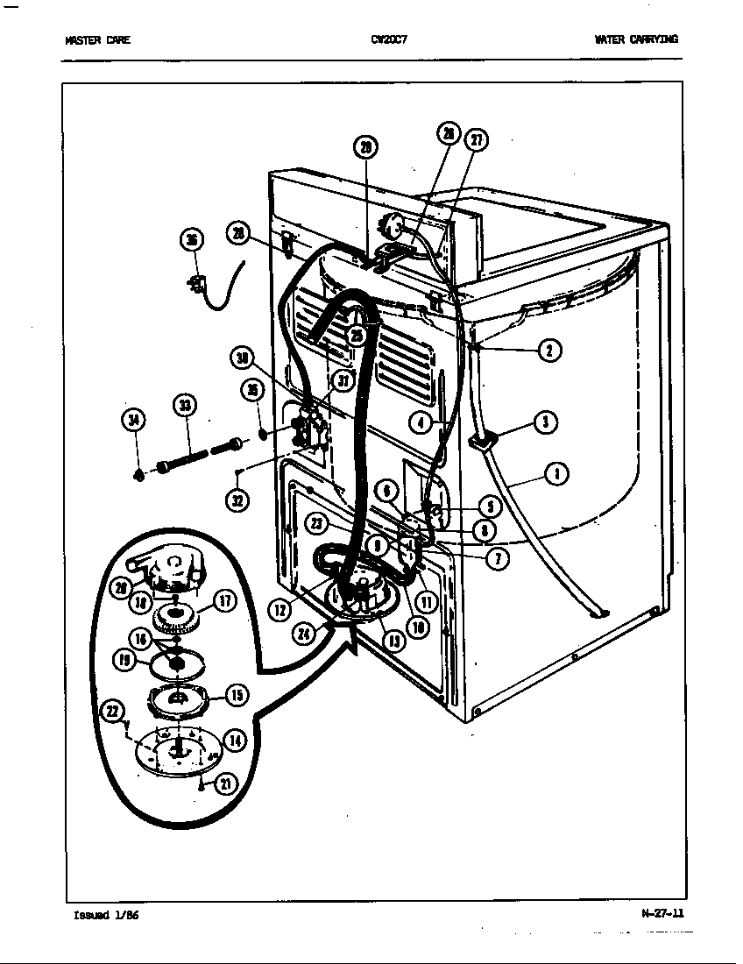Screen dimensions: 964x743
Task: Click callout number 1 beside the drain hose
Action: point(555,475)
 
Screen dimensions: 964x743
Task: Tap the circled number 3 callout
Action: point(545,422)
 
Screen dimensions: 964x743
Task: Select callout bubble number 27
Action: point(477,139)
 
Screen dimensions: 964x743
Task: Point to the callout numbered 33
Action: point(184,405)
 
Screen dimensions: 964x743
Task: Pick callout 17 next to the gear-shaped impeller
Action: point(224,601)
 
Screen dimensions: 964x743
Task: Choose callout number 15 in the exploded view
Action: point(236,695)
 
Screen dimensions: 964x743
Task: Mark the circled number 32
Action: point(237,500)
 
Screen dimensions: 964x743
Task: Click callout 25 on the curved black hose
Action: point(356,335)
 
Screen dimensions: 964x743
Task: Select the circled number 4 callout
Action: point(421,423)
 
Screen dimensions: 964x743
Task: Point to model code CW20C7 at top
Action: point(386,39)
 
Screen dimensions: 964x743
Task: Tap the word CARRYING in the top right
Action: point(653,39)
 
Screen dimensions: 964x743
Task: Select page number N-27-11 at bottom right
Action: point(662,913)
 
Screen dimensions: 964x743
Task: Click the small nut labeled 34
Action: point(138,475)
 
